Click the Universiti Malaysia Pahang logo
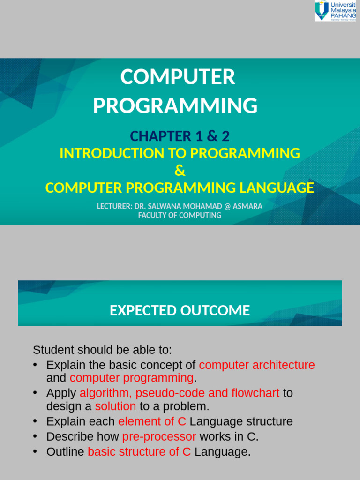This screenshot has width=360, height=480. [x=336, y=11]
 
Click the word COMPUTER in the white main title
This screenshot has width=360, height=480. [x=178, y=77]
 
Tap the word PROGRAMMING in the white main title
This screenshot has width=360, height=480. [x=175, y=105]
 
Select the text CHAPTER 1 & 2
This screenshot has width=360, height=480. [x=180, y=136]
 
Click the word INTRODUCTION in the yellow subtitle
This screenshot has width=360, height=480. [x=112, y=153]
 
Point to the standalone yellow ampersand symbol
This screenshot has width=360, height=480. [x=180, y=171]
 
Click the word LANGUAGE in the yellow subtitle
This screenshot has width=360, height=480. [x=277, y=187]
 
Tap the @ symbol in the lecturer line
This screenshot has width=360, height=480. [x=227, y=206]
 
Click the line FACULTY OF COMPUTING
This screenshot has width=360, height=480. [x=180, y=215]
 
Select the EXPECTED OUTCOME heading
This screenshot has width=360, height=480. [x=180, y=310]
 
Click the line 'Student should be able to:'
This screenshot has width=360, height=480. [x=103, y=350]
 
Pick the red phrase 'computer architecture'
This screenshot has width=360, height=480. [x=257, y=365]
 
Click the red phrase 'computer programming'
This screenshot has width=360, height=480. [x=132, y=378]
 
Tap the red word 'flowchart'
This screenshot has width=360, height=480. [x=255, y=393]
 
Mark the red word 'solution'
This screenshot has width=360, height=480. [x=115, y=406]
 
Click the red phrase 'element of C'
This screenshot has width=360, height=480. [x=152, y=421]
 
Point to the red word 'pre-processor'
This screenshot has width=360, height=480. [x=159, y=437]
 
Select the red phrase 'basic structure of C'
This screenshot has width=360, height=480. [x=139, y=451]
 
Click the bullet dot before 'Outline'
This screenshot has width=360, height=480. [x=35, y=451]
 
